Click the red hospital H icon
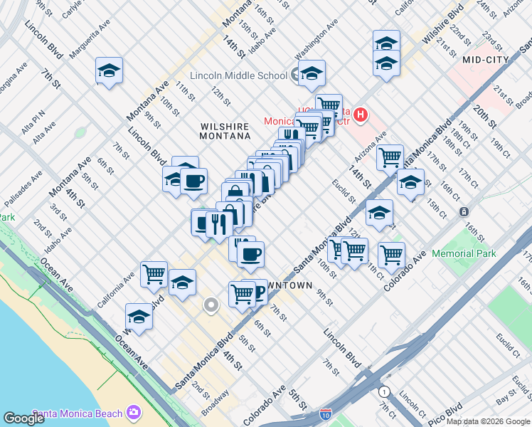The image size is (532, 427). (361, 114)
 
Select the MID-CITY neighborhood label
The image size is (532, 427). (486, 60)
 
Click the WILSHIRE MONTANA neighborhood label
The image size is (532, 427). (224, 130)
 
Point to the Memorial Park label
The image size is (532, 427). (463, 253)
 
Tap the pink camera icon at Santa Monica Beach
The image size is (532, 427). (133, 412)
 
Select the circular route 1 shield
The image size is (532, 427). (385, 391)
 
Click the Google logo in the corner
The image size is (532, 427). (24, 418)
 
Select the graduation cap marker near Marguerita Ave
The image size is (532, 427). (110, 70)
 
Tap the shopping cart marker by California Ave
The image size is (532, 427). (154, 273)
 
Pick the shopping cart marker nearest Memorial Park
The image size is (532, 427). (390, 253)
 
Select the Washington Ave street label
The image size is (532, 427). (316, 43)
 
